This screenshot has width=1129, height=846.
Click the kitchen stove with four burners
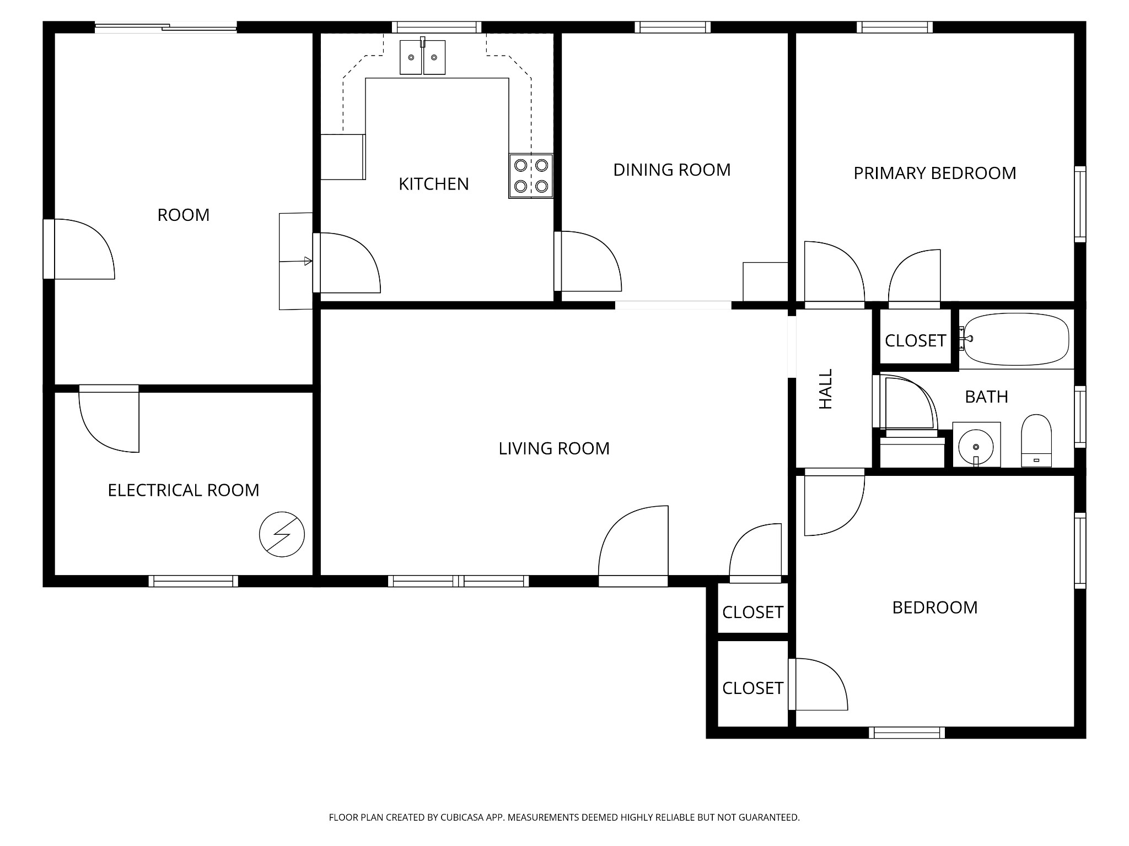click(530, 176)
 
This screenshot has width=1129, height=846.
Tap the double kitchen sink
click(422, 57)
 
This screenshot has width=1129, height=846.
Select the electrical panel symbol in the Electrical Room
click(282, 534)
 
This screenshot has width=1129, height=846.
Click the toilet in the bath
click(1036, 441)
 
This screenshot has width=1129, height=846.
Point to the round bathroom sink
click(976, 445)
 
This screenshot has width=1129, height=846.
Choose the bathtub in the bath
click(1016, 339)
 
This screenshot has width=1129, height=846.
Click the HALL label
click(825, 389)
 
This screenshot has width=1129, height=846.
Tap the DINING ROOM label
click(672, 170)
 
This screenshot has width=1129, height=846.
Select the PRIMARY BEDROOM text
click(935, 173)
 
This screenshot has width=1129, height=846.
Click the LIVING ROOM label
click(554, 448)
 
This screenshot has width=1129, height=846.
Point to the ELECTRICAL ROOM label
click(184, 490)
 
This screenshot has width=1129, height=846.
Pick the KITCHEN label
click(434, 184)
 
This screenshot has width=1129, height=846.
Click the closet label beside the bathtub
click(916, 341)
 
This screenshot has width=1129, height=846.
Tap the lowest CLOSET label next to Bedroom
click(753, 688)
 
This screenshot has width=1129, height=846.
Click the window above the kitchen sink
click(437, 27)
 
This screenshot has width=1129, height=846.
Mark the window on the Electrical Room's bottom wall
click(193, 581)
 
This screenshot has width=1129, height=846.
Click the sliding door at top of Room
click(166, 27)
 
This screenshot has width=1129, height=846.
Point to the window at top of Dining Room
click(673, 27)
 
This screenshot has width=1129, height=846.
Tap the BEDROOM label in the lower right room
click(935, 608)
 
